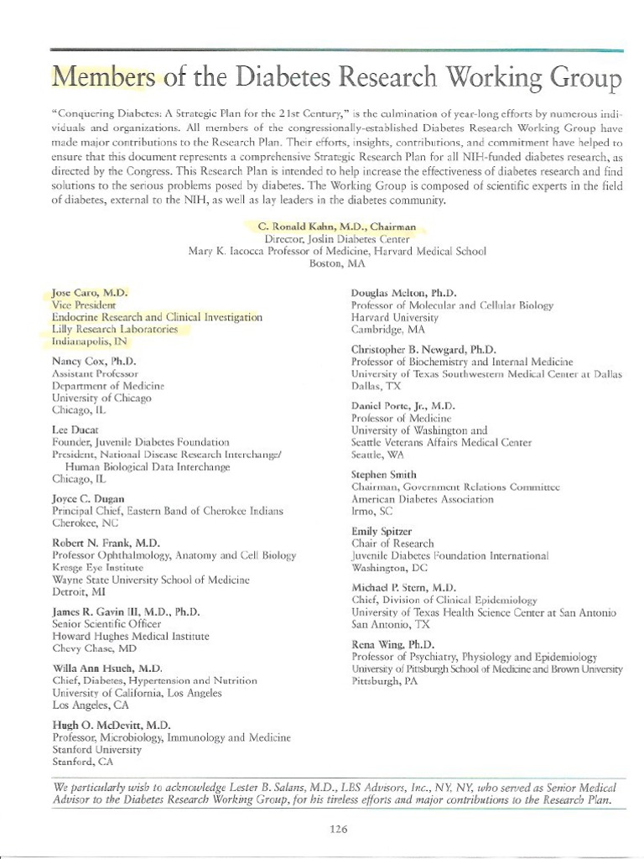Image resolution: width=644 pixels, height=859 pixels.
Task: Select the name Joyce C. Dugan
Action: point(88,498)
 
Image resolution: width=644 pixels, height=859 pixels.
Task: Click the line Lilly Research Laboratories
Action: point(115,330)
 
